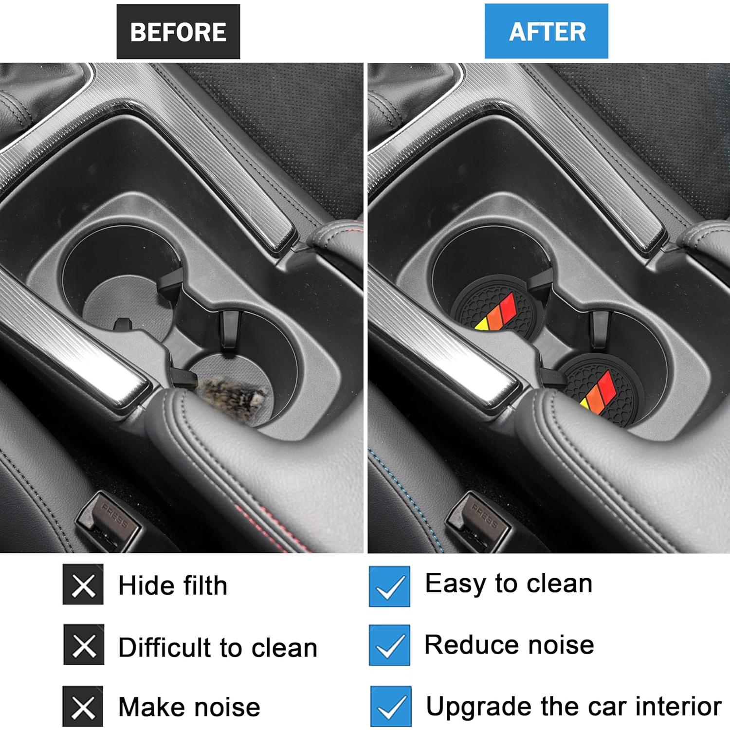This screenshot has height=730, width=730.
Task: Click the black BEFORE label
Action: [x=178, y=32]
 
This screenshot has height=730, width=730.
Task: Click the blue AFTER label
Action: [x=546, y=32]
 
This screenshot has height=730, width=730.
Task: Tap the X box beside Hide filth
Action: [x=83, y=584]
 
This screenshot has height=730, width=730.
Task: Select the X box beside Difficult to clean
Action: [x=84, y=645]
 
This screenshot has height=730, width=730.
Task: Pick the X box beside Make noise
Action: [x=83, y=706]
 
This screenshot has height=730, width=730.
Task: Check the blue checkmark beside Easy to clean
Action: [x=389, y=586]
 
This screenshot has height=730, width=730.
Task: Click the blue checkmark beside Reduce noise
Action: [x=389, y=645]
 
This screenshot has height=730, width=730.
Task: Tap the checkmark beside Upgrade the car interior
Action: [x=390, y=706]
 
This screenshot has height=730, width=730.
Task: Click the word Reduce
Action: [x=472, y=645]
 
